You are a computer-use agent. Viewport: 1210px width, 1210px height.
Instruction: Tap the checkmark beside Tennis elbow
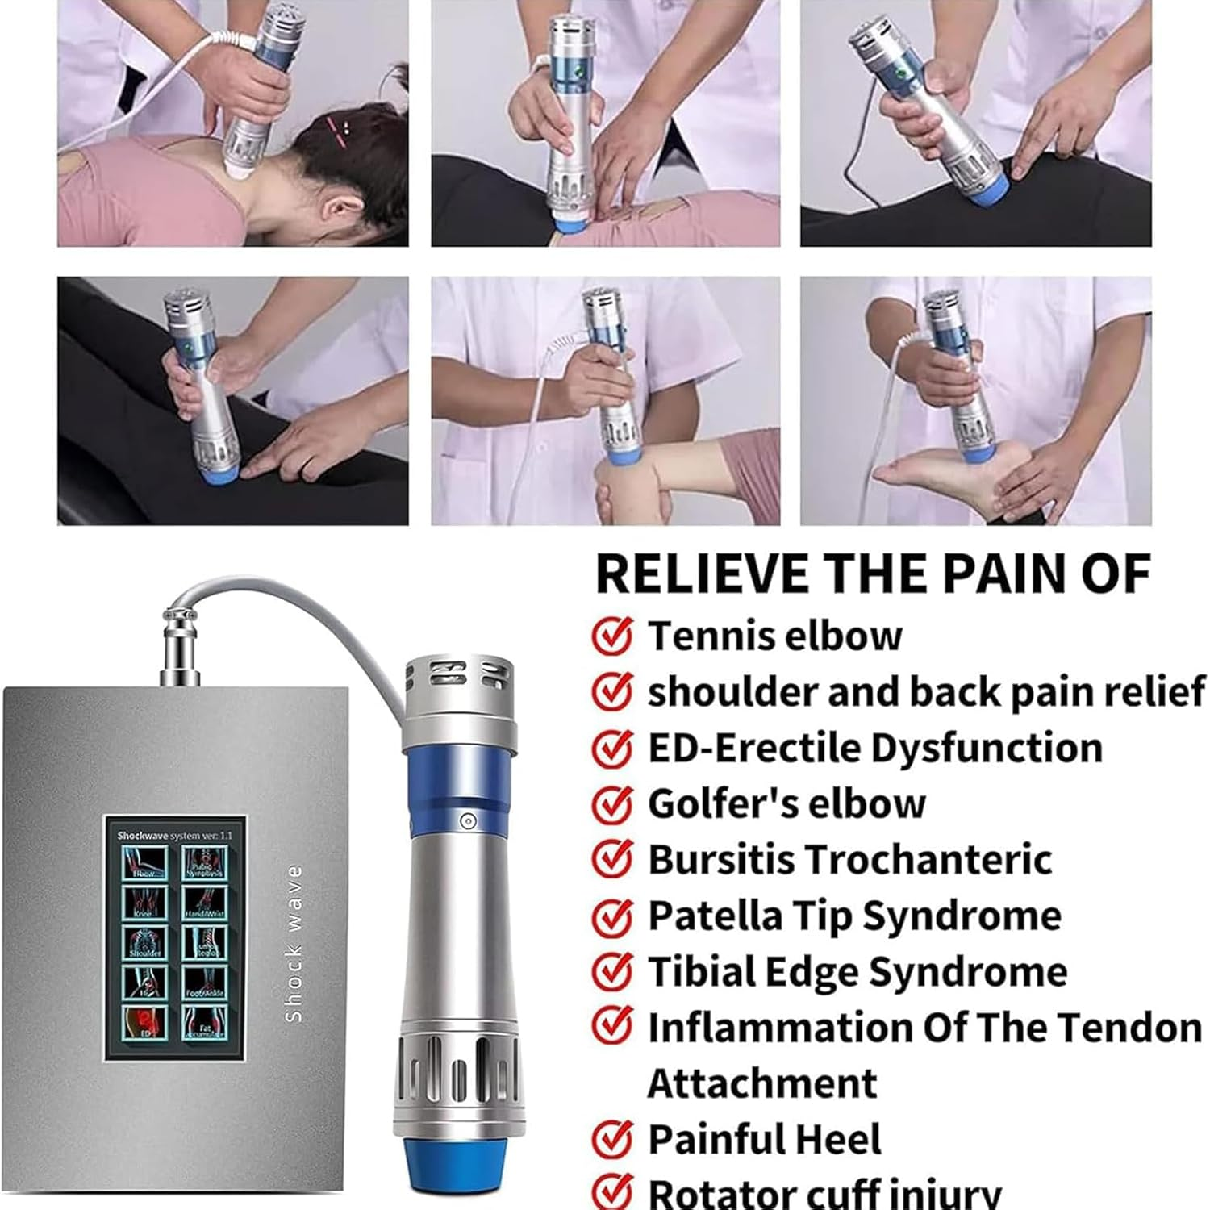coord(611,636)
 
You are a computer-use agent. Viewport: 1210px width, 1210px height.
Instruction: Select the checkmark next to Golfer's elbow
coord(611,803)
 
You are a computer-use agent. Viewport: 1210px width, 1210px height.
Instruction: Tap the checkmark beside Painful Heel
coord(611,1139)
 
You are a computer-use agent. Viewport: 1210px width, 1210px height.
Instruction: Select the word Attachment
coord(761,1083)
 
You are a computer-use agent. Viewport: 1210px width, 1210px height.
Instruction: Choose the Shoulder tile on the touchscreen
coord(144,942)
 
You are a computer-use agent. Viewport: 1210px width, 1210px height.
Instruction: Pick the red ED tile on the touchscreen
coord(144,1020)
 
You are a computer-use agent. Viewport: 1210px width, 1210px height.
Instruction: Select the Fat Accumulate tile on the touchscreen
coord(204,1022)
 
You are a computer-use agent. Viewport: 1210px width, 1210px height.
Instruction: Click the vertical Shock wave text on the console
coord(294,944)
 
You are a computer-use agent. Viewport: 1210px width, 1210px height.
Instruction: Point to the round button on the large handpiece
coord(467,821)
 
